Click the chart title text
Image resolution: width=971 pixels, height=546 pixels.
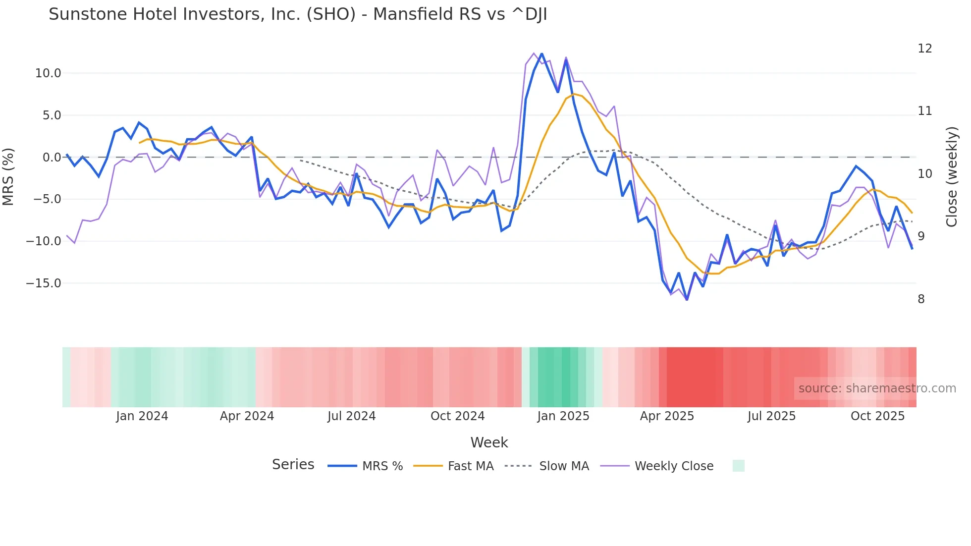click(298, 14)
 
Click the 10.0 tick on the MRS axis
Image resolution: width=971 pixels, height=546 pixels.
click(48, 73)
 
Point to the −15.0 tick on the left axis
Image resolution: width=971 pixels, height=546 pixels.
click(44, 283)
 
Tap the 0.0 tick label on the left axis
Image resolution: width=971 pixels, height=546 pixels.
click(52, 158)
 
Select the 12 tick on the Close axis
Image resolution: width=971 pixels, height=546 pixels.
click(924, 49)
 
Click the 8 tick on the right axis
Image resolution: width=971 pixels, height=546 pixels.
click(921, 299)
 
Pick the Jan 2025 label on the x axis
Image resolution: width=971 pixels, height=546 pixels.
click(563, 416)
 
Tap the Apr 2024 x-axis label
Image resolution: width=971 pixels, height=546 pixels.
click(247, 416)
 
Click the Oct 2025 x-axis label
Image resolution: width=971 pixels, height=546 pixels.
click(877, 416)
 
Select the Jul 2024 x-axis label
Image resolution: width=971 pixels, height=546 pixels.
click(351, 416)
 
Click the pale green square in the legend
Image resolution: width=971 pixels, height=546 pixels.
click(738, 466)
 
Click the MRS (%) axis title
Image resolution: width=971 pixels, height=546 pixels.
click(8, 176)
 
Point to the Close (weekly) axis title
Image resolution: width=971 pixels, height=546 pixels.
click(951, 176)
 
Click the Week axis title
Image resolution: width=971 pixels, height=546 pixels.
click(489, 442)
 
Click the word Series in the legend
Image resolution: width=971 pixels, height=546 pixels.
click(293, 465)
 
